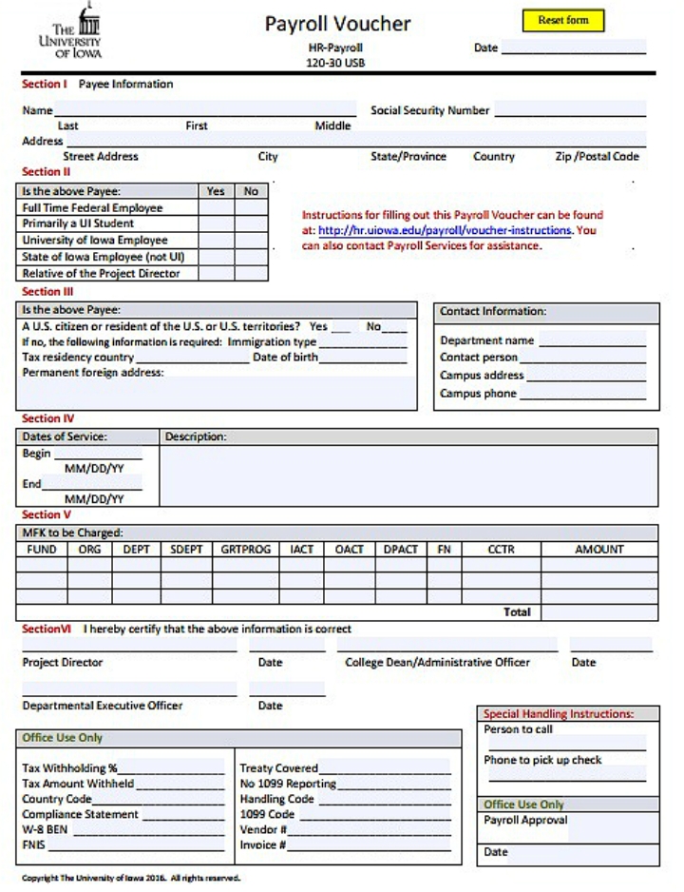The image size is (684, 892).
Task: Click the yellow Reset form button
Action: (562, 20)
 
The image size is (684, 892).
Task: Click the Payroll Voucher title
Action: (337, 24)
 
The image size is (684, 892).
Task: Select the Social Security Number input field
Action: (570, 109)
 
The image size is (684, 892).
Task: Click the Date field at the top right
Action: (573, 48)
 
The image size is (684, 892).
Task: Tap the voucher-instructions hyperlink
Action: (445, 230)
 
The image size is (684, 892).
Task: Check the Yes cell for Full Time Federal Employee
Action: (216, 208)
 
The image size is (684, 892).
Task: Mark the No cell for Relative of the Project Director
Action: (251, 273)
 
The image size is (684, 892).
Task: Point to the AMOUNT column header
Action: (598, 550)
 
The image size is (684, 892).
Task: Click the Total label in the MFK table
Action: (517, 612)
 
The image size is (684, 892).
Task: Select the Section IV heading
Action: (47, 418)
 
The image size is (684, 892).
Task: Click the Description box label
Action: (196, 436)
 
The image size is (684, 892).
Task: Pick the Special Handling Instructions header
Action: (559, 713)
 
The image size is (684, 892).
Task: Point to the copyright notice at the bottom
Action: (131, 878)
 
